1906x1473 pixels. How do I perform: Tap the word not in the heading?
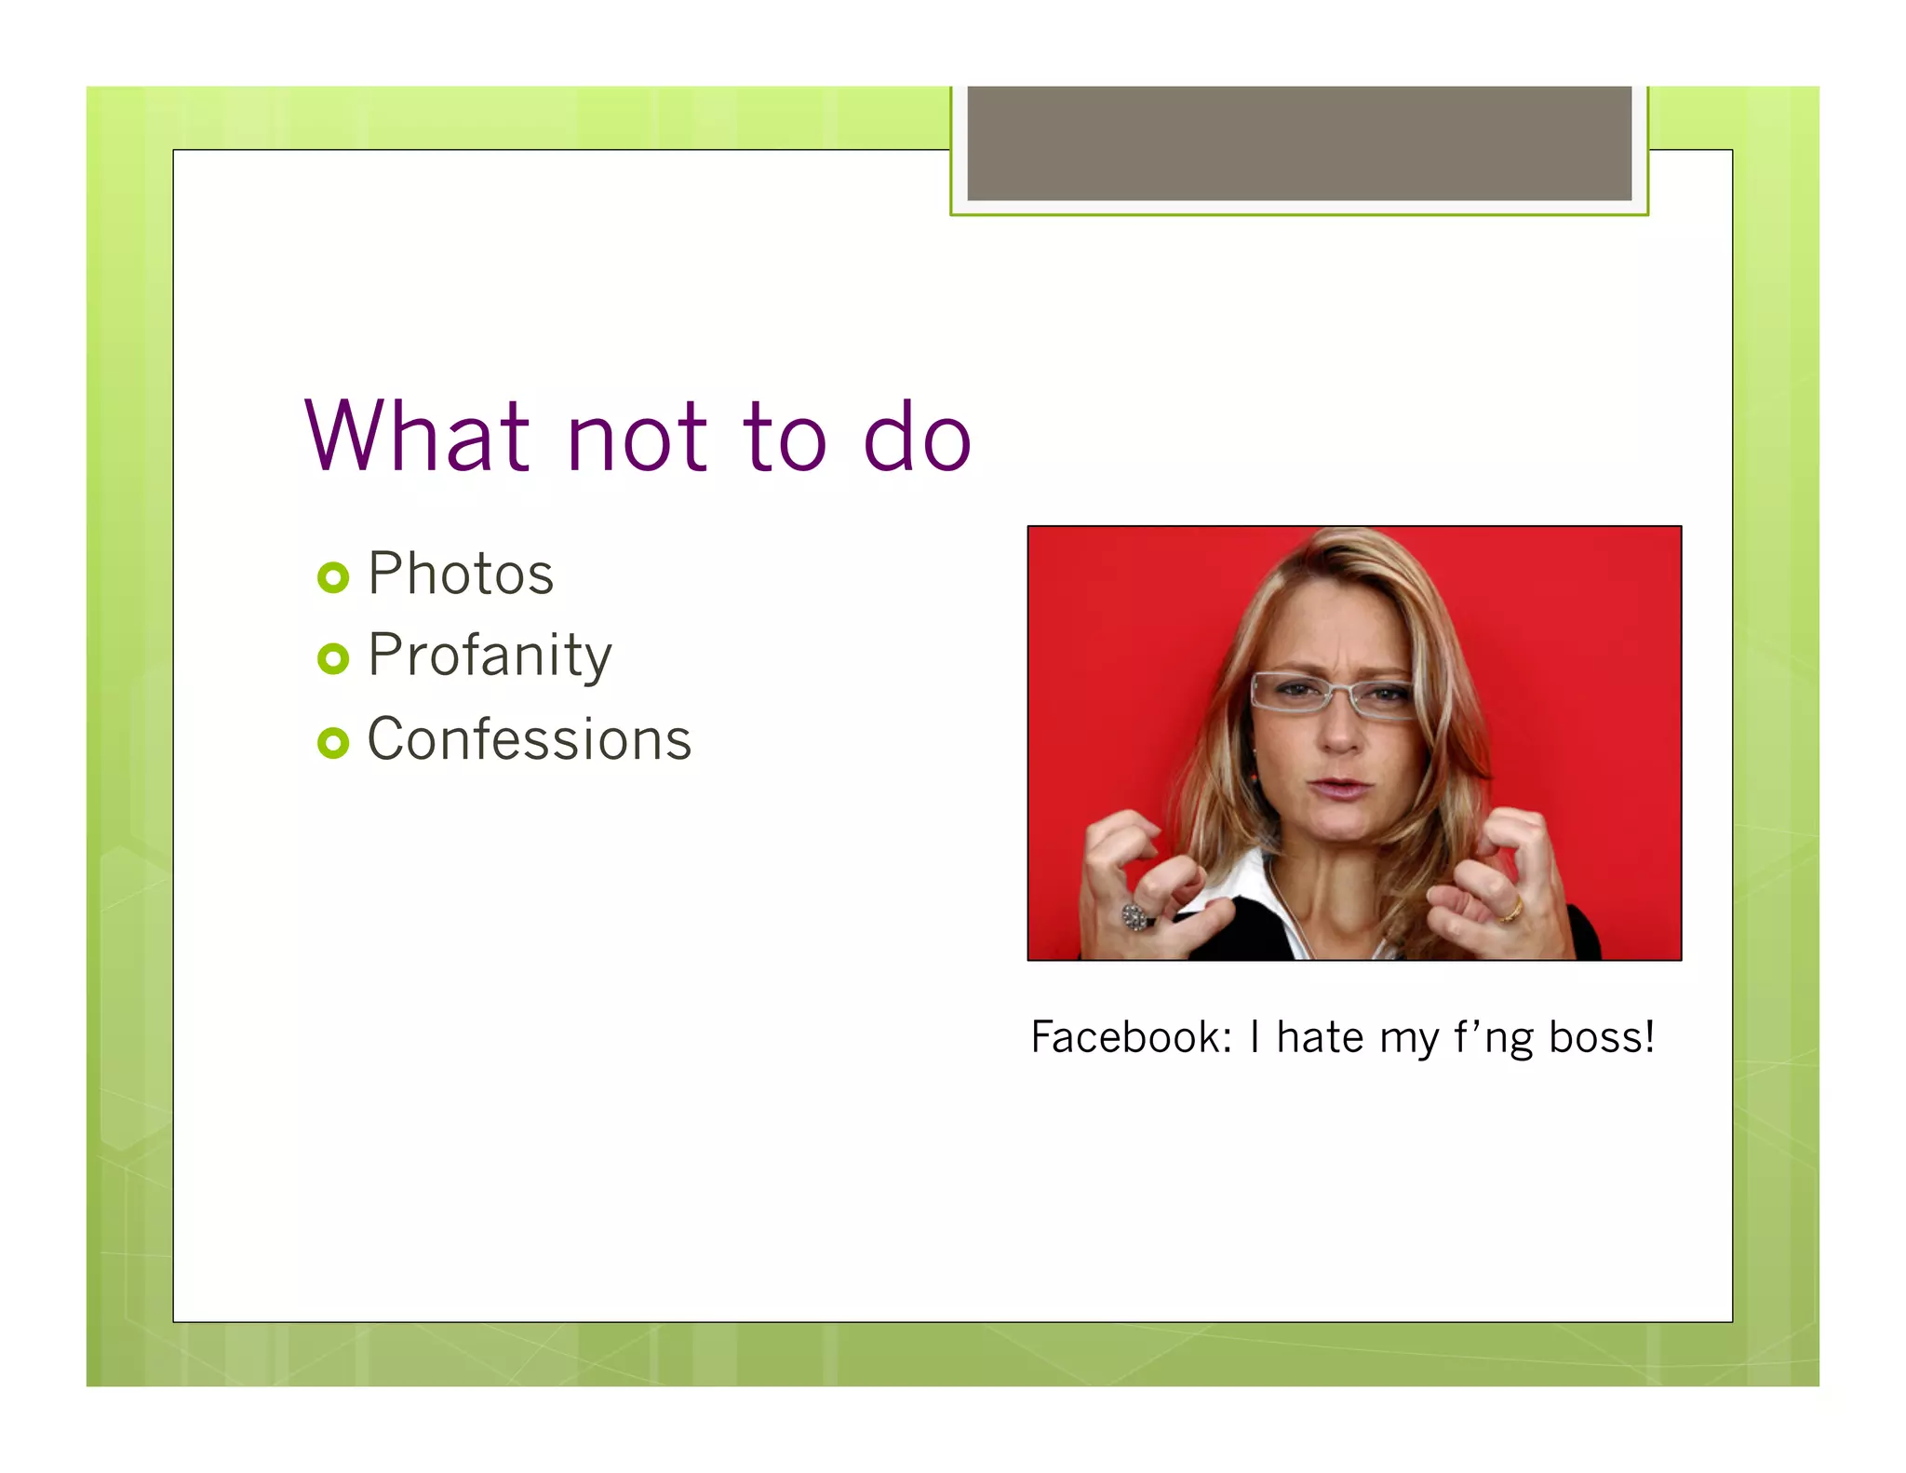[x=637, y=438]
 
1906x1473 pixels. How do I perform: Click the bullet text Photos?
[x=461, y=574]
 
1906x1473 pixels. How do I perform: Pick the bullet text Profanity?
[x=490, y=655]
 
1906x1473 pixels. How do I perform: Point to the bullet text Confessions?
[x=530, y=739]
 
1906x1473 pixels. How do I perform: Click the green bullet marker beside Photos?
[x=332, y=577]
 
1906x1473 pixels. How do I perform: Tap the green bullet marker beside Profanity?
[x=332, y=659]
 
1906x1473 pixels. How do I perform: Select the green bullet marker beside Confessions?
[x=332, y=743]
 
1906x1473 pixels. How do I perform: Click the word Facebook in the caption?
[x=1131, y=1037]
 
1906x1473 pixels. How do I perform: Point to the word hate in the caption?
[x=1320, y=1037]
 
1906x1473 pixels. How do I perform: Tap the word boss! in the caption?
[x=1601, y=1037]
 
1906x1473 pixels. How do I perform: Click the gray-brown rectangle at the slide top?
[x=1299, y=143]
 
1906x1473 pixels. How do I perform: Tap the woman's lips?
[x=1338, y=789]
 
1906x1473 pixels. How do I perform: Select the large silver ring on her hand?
[x=1134, y=917]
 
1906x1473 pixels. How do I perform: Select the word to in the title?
[x=784, y=438]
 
